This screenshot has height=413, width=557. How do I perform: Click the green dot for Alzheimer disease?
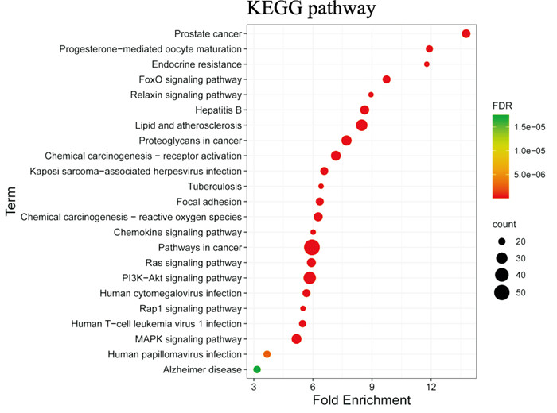tap(257, 369)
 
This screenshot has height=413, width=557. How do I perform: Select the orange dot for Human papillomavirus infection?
tap(267, 354)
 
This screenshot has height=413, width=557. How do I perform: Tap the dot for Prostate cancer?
tap(466, 33)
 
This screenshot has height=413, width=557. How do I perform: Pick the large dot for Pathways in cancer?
tap(312, 248)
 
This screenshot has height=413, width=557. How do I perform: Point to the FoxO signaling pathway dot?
tap(387, 79)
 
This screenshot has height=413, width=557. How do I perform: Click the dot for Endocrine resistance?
tap(427, 64)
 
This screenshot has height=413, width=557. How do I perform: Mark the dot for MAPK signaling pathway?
tap(296, 339)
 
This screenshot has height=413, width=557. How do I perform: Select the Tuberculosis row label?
tap(215, 187)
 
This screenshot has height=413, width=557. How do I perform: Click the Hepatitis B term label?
tap(219, 110)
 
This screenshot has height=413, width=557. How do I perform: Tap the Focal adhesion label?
tap(208, 202)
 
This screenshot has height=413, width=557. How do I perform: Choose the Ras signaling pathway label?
tap(193, 263)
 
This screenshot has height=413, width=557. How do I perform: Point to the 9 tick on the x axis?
tap(372, 387)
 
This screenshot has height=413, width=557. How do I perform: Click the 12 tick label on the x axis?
tap(431, 387)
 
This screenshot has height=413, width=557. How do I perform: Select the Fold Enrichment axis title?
tap(361, 400)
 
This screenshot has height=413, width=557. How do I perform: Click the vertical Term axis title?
tap(10, 201)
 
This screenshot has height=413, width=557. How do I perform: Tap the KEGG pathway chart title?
tap(311, 9)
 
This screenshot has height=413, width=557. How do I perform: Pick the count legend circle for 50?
tap(501, 292)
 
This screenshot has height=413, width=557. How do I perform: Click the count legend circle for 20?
tap(501, 241)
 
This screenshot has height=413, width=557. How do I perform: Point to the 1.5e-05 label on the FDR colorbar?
tap(530, 127)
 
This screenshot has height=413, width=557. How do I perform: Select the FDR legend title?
tap(502, 106)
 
